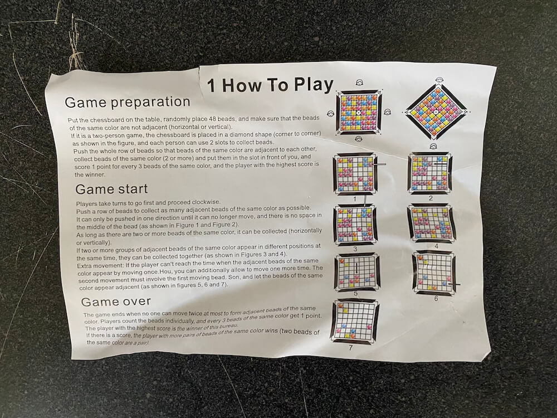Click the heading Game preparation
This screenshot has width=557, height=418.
coord(128,103)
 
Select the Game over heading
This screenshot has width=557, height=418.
coord(116,302)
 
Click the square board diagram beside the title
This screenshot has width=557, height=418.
coord(358,112)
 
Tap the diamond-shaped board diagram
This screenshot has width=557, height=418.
coord(436,112)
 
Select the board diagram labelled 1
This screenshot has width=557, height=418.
coord(355,174)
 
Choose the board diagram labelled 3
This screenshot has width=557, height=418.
coord(355,225)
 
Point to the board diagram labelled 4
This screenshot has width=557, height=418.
coord(431,223)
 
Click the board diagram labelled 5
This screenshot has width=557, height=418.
coord(356,272)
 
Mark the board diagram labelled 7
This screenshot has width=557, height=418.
coord(354,321)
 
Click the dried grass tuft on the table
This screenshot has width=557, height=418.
coord(75,47)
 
